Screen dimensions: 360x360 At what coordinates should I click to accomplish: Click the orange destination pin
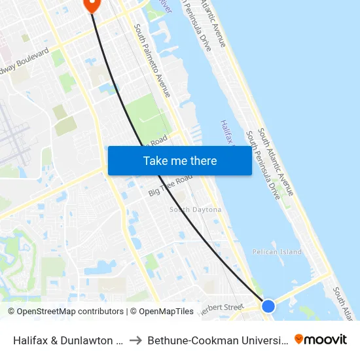92,5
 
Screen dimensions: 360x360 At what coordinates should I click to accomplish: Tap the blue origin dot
268,306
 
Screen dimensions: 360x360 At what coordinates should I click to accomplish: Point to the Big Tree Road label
170,185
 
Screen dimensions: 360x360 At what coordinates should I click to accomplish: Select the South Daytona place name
195,209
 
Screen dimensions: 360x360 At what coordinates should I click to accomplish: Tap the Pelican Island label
277,251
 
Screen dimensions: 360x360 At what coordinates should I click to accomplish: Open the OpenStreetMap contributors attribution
65,312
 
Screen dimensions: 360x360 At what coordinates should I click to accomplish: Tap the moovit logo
321,339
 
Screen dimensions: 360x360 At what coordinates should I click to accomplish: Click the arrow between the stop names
135,340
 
